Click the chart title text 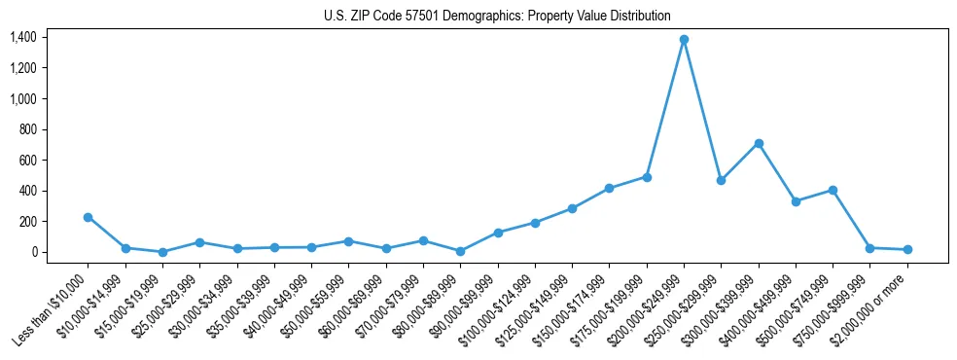point(497,16)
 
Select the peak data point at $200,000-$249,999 point(684,39)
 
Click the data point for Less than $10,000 point(88,217)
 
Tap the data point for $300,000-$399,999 point(759,143)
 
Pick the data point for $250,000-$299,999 point(721,180)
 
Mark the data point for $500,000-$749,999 point(833,190)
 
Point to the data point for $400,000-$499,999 point(796,201)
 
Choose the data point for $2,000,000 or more point(907,250)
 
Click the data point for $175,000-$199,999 point(647,177)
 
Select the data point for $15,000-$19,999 point(162,252)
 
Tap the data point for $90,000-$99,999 point(498,233)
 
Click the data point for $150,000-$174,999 point(609,188)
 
